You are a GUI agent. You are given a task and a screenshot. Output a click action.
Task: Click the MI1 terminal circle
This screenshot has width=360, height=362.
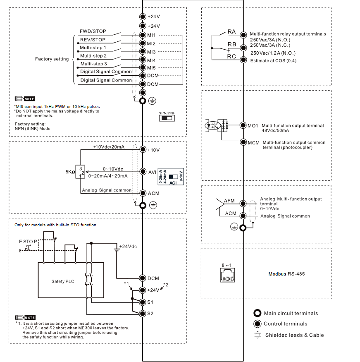point(143,36)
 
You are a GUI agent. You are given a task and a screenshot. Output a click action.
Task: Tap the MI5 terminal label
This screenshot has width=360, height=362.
point(151,68)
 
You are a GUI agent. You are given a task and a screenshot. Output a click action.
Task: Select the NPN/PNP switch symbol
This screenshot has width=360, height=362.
point(167,118)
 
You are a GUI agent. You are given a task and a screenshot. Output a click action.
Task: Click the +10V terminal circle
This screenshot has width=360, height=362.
point(143,149)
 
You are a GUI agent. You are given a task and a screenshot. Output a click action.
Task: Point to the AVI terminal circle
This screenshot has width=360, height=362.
point(143,171)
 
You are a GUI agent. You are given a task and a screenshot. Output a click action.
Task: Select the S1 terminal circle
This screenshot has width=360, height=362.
point(143,302)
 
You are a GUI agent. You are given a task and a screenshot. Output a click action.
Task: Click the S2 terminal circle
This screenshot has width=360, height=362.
point(143,314)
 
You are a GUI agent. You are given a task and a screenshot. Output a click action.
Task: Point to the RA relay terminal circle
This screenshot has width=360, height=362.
point(243,34)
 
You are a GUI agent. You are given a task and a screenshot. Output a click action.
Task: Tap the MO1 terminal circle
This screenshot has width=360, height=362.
point(243,125)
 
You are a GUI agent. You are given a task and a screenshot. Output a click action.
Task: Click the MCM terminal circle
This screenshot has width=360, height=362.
point(243,142)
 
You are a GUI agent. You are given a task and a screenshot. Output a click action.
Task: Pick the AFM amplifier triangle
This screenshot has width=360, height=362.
point(220,204)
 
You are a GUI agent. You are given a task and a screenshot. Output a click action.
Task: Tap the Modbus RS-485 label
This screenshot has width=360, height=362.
point(286,274)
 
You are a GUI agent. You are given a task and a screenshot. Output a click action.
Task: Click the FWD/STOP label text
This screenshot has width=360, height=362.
point(93,31)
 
